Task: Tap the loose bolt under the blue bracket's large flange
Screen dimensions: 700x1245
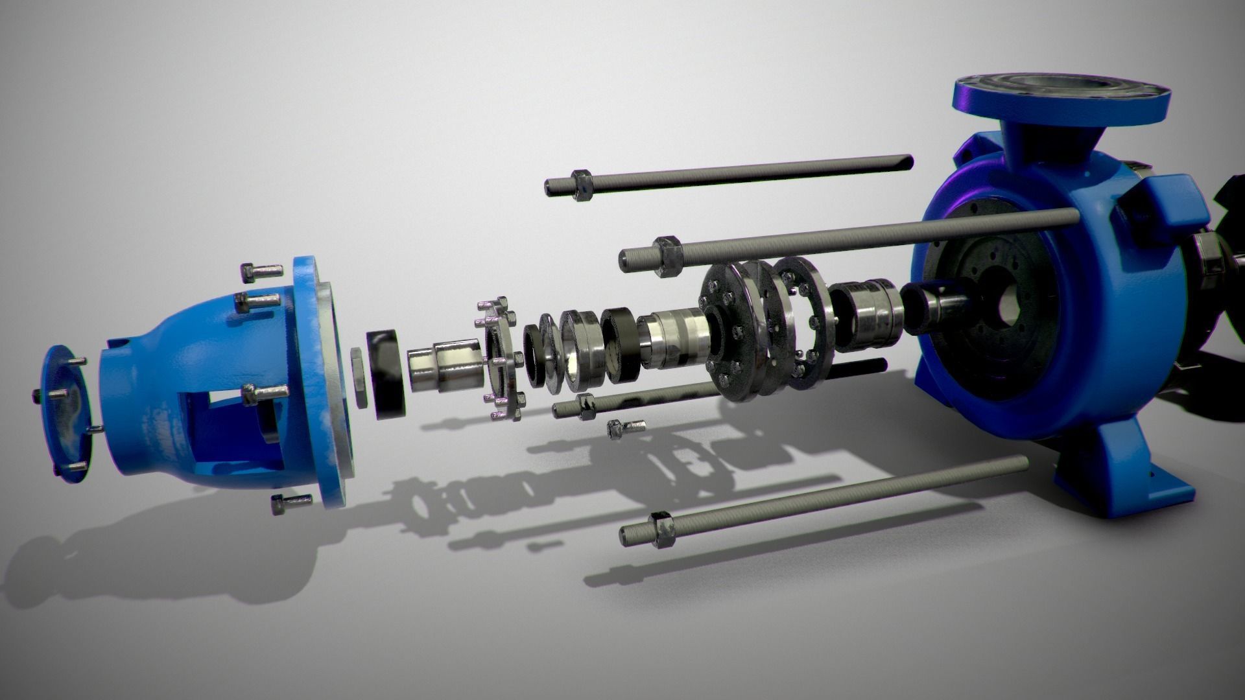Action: pos(289,502)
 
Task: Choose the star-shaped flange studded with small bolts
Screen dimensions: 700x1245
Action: pos(501,360)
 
